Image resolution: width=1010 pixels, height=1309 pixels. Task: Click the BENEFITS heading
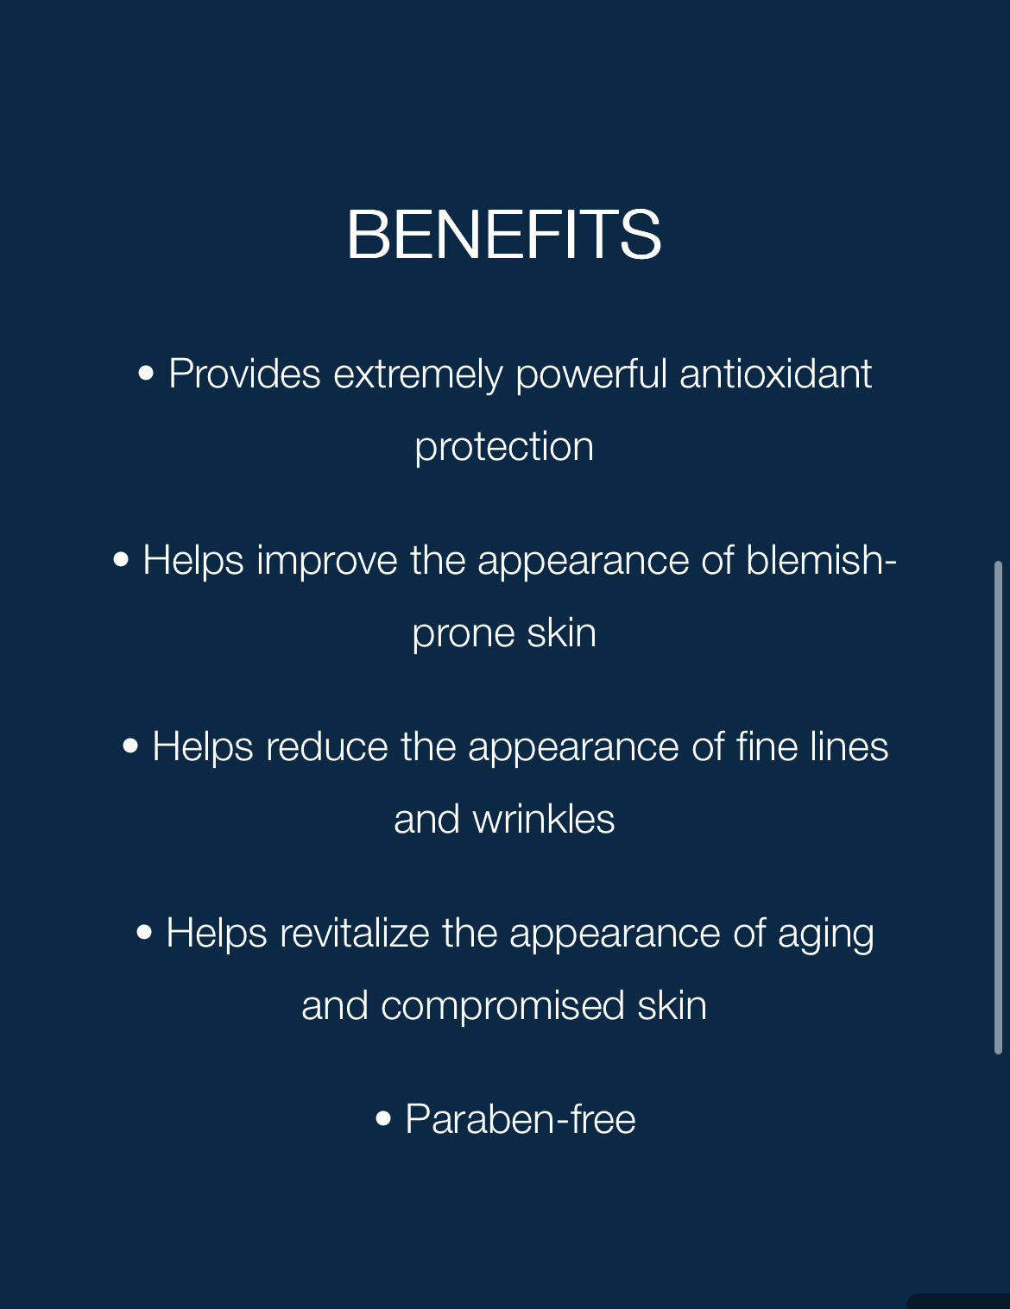504,235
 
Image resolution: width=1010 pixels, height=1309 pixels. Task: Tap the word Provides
244,374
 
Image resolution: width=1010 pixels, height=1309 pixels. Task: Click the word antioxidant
775,374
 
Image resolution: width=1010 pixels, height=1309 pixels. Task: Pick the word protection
504,447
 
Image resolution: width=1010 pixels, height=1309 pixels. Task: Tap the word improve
327,561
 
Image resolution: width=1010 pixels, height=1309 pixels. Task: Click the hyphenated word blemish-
821,561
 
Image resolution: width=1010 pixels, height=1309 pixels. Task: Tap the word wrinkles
543,820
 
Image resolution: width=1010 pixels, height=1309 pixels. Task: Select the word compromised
502,1006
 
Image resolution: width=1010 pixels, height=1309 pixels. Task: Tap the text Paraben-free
521,1120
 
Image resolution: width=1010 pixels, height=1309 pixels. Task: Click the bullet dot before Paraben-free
384,1120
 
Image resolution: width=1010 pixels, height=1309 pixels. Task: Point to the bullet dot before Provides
147,374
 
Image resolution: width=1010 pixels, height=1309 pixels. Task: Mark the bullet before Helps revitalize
144,933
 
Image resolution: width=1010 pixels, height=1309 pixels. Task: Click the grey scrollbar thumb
998,807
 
